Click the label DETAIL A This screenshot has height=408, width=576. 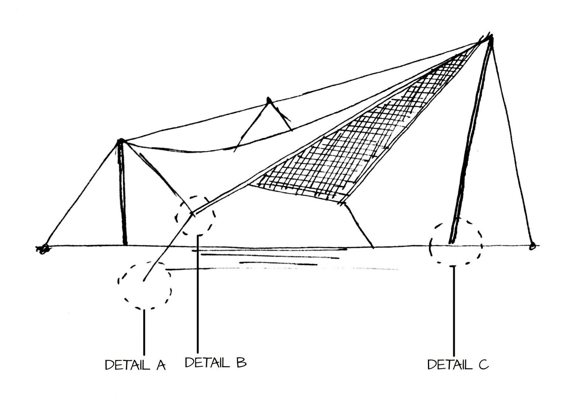tap(135, 365)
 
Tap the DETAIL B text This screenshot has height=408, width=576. tap(215, 362)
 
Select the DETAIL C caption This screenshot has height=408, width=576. tap(458, 364)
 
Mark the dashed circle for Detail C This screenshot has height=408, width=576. tap(456, 242)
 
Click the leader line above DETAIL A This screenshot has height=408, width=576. tap(144, 331)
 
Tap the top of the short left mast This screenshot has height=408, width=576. tap(120, 141)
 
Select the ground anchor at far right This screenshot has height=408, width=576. tap(532, 246)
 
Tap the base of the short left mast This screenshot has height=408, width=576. tap(125, 243)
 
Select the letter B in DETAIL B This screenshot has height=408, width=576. tap(241, 362)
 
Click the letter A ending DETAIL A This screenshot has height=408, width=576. tap(161, 365)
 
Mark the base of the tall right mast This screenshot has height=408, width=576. tap(451, 242)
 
